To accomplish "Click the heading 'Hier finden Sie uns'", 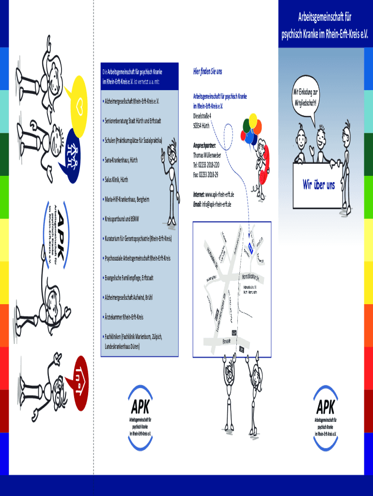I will coord(207,72).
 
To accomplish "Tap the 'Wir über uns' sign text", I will coord(319,185).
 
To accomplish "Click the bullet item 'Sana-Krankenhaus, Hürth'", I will coord(122,159).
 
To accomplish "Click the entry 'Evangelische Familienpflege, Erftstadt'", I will coord(129,278).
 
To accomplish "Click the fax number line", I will coord(206,174).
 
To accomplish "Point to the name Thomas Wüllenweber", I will coord(214,155).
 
